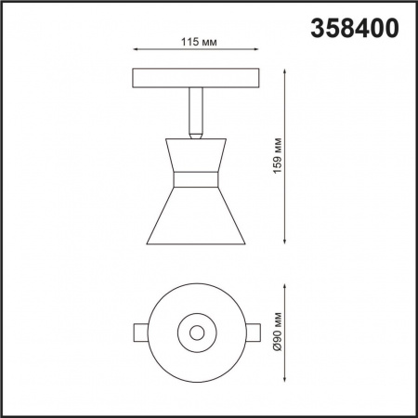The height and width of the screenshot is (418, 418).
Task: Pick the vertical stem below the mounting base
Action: click(x=195, y=107)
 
